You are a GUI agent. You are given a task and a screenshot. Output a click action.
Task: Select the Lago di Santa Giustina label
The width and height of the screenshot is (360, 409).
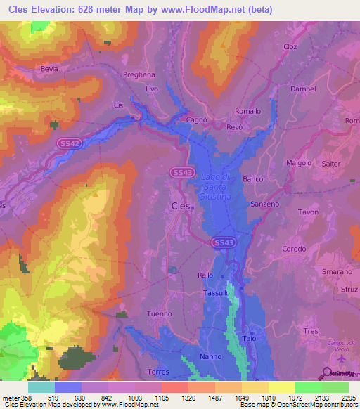pyautogui.click(x=215, y=187)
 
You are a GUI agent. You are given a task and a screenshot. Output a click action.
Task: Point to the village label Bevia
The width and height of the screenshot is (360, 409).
pyautogui.click(x=49, y=70)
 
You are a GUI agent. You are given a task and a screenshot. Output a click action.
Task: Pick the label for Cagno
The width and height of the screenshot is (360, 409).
pyautogui.click(x=196, y=120)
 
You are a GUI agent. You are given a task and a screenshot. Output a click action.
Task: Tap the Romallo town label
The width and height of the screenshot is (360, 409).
pyautogui.click(x=247, y=111)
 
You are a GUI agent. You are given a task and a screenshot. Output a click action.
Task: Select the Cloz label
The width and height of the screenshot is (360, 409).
pyautogui.click(x=290, y=46)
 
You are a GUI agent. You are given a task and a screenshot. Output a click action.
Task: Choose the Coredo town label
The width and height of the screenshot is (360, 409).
pyautogui.click(x=294, y=249)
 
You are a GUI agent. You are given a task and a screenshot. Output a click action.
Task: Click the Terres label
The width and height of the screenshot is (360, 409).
pyautogui.click(x=160, y=371)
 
